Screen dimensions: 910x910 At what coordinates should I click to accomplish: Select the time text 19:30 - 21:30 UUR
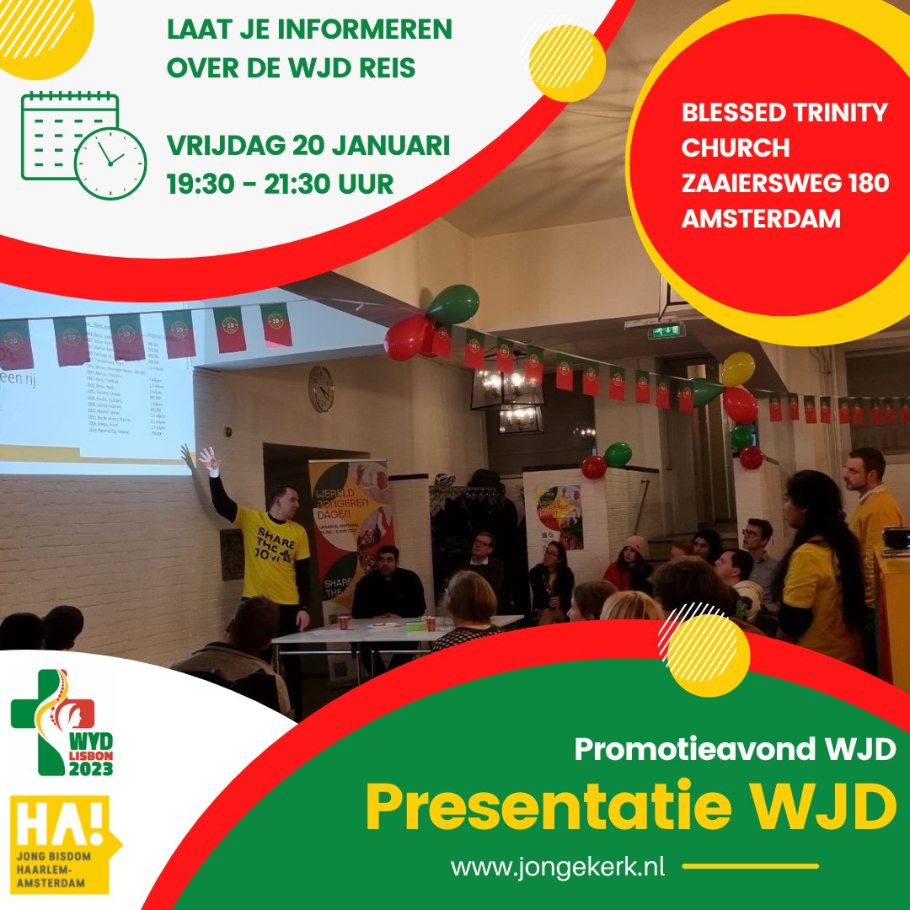pyautogui.click(x=280, y=183)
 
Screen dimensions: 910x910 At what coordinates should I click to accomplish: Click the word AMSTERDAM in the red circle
pyautogui.click(x=761, y=218)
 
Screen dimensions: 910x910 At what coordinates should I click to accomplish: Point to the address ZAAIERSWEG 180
pyautogui.click(x=784, y=183)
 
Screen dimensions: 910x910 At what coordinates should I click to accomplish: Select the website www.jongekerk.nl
pyautogui.click(x=558, y=867)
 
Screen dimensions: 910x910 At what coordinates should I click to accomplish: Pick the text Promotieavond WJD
pyautogui.click(x=734, y=749)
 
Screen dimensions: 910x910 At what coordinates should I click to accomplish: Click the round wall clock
pyautogui.click(x=321, y=388)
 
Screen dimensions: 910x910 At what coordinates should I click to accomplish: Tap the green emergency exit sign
pyautogui.click(x=666, y=330)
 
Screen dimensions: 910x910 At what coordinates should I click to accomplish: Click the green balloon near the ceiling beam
pyautogui.click(x=452, y=304)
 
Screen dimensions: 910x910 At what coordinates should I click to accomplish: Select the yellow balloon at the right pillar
pyautogui.click(x=738, y=369)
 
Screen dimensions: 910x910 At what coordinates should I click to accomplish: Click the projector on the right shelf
pyautogui.click(x=894, y=538)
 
